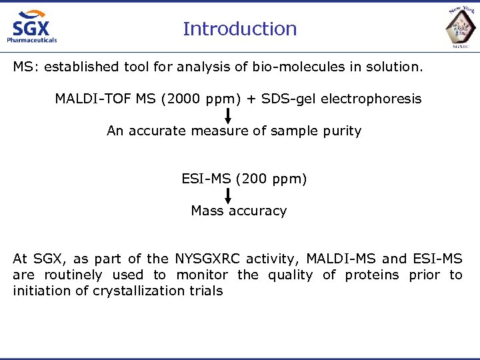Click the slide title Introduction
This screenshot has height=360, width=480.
[239, 29]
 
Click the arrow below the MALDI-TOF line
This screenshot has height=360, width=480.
[228, 115]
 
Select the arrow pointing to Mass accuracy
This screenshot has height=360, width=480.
[228, 195]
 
